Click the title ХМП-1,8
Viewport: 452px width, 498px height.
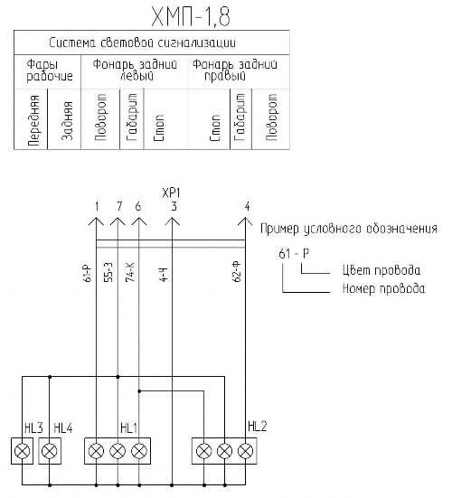pyautogui.click(x=191, y=17)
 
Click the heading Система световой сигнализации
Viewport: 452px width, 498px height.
pyautogui.click(x=142, y=42)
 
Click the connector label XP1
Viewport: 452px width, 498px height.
pyautogui.click(x=171, y=193)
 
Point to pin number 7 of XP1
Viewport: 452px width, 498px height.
pyautogui.click(x=119, y=206)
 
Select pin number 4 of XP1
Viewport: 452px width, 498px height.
pyautogui.click(x=247, y=206)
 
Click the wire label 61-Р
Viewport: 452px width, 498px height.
pyautogui.click(x=88, y=273)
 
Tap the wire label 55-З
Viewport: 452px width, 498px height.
pyautogui.click(x=108, y=273)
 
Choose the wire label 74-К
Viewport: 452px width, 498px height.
pyautogui.click(x=130, y=273)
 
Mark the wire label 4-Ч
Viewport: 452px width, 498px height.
pyautogui.click(x=163, y=275)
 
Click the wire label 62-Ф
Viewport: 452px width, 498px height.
pyautogui.click(x=237, y=272)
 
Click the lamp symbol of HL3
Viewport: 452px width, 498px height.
pyautogui.click(x=23, y=451)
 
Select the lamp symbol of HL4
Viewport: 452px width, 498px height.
pyautogui.click(x=50, y=451)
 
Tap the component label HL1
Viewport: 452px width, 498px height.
pyautogui.click(x=128, y=428)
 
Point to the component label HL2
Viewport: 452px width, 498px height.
pyautogui.click(x=257, y=427)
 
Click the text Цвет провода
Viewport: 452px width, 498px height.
pyautogui.click(x=381, y=270)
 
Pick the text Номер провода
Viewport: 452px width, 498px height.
pyautogui.click(x=383, y=288)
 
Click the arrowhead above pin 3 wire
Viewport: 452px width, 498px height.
pyautogui.click(x=172, y=221)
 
